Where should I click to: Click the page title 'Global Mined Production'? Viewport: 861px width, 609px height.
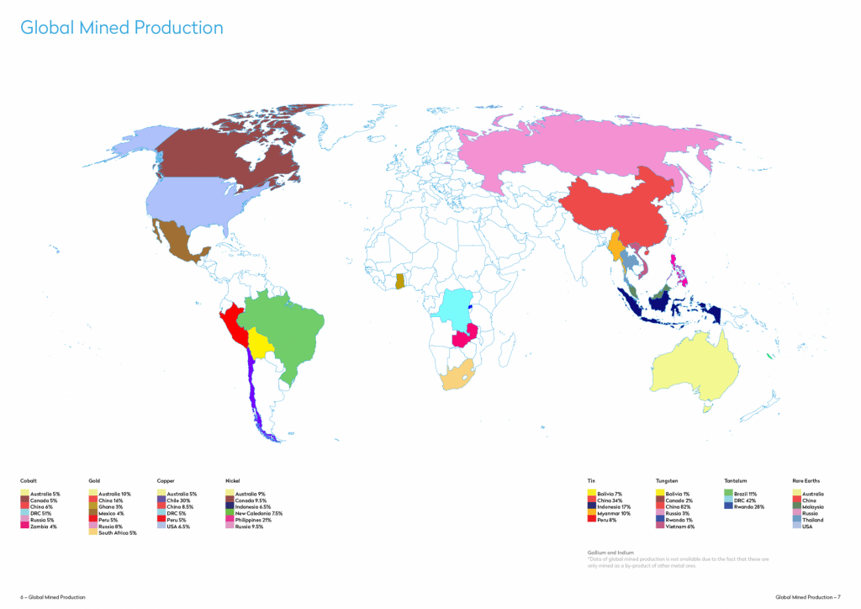click(122, 28)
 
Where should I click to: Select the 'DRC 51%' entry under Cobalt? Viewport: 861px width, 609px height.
click(40, 513)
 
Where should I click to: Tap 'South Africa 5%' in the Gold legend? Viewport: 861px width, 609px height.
click(117, 532)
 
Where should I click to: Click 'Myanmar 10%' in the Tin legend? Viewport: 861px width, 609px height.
click(613, 513)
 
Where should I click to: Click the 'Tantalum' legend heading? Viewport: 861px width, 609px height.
click(736, 480)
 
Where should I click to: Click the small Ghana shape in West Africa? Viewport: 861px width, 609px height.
click(401, 280)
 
